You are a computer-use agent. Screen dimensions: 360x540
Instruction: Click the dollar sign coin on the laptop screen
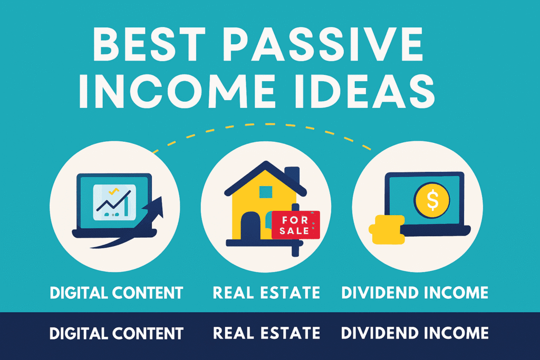[x=432, y=200]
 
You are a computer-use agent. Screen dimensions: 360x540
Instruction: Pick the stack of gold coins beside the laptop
[x=387, y=229]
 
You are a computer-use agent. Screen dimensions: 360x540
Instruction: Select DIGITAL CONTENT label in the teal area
[x=117, y=293]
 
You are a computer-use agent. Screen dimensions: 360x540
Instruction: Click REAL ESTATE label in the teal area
[x=266, y=293]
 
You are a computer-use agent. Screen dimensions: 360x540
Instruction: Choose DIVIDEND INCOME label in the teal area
[x=414, y=293]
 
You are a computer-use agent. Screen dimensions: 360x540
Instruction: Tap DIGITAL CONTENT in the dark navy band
[x=117, y=333]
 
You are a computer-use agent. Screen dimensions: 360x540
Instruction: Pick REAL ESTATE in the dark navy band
[x=266, y=333]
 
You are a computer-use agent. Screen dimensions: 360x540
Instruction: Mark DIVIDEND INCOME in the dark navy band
[x=414, y=333]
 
